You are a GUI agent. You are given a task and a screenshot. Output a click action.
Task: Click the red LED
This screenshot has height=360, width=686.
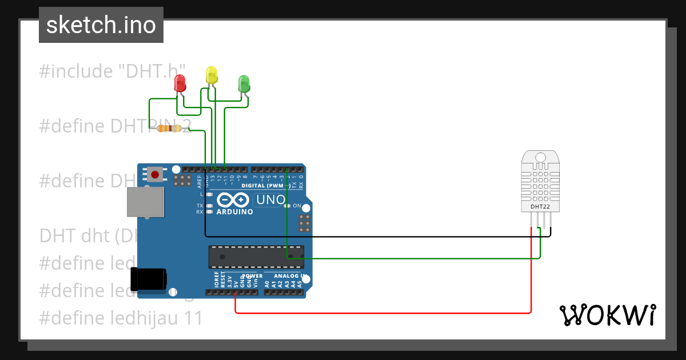pyautogui.click(x=180, y=83)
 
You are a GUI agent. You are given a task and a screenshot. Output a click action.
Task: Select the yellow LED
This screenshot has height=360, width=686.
pyautogui.click(x=212, y=75)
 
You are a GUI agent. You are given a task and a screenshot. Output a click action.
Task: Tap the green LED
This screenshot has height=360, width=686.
pyautogui.click(x=244, y=83)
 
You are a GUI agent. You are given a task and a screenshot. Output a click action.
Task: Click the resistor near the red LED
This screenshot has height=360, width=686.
pyautogui.click(x=170, y=129)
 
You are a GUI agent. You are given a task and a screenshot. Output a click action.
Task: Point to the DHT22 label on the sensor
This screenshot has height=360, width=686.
pyautogui.click(x=540, y=206)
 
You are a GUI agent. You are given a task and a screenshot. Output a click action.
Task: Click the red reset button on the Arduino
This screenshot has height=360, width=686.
pyautogui.click(x=154, y=174)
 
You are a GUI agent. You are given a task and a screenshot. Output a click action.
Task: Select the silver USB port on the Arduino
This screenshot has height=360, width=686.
pyautogui.click(x=145, y=203)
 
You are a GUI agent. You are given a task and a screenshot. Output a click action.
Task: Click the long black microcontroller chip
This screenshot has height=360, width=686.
pyautogui.click(x=256, y=257)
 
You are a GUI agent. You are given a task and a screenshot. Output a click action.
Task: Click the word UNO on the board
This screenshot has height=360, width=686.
pyautogui.click(x=270, y=200)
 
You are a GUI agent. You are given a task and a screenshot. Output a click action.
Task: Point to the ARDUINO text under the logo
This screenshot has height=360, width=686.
pyautogui.click(x=234, y=212)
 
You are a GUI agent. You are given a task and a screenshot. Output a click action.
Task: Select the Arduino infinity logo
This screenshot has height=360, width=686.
pyautogui.click(x=232, y=200)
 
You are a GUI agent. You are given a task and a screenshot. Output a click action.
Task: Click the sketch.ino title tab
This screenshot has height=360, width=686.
pyautogui.click(x=101, y=25)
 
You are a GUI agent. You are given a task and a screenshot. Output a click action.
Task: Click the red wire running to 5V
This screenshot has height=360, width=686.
pyautogui.click(x=383, y=313)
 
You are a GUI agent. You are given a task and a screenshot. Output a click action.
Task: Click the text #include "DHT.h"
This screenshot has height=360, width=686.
pyautogui.click(x=112, y=71)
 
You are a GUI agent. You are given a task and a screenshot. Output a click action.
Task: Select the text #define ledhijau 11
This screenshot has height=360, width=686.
pyautogui.click(x=121, y=318)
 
